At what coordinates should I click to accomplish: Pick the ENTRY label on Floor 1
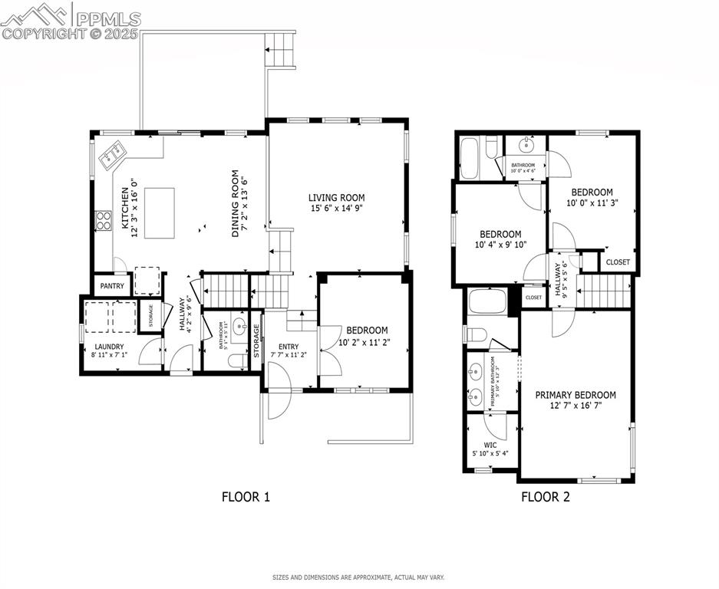pyautogui.click(x=289, y=347)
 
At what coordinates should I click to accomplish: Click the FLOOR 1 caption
pyautogui.click(x=246, y=496)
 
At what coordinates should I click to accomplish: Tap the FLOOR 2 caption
pyautogui.click(x=546, y=496)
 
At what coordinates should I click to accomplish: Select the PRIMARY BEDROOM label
pyautogui.click(x=576, y=395)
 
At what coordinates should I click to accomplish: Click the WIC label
pyautogui.click(x=490, y=444)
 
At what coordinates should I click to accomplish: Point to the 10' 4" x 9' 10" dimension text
pyautogui.click(x=500, y=245)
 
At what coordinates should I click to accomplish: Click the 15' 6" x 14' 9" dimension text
pyautogui.click(x=336, y=208)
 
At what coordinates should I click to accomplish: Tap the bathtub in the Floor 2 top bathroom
pyautogui.click(x=471, y=157)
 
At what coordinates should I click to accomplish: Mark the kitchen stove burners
pyautogui.click(x=102, y=220)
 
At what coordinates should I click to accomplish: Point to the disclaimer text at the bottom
pyautogui.click(x=358, y=577)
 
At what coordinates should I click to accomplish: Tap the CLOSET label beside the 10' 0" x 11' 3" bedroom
pyautogui.click(x=618, y=262)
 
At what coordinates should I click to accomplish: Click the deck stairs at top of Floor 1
pyautogui.click(x=281, y=50)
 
